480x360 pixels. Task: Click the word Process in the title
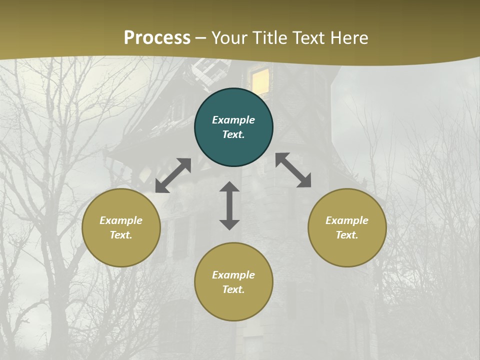point(157,38)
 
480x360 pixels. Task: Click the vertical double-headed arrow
point(229,205)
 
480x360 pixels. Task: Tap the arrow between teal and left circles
point(173,175)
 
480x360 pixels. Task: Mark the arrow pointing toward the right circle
point(293,170)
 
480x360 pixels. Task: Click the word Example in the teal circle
point(233,120)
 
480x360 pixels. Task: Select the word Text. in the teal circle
point(233,134)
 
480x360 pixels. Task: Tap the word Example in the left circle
point(121,220)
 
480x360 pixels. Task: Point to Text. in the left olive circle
point(121,235)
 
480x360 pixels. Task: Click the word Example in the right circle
point(347,220)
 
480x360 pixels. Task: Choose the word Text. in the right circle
point(347,235)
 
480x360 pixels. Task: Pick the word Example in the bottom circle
point(233,275)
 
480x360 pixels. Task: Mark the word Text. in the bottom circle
point(233,289)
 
